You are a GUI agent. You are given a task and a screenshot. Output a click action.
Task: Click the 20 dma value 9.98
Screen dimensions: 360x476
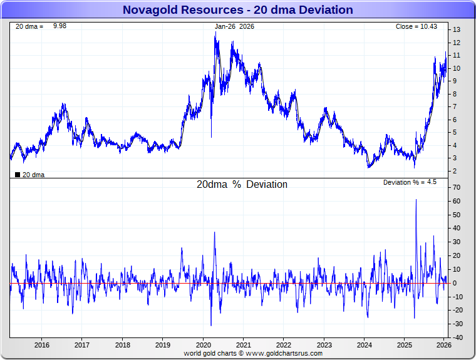click(x=59, y=26)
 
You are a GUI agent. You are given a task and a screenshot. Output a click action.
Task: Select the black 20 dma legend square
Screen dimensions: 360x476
click(x=18, y=175)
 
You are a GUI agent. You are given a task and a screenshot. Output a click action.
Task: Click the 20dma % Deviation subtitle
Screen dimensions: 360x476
click(x=242, y=185)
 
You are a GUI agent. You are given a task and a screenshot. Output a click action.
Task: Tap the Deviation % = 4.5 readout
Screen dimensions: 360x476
click(x=410, y=182)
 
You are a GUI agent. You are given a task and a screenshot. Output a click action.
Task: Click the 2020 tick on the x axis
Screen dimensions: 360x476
click(x=203, y=345)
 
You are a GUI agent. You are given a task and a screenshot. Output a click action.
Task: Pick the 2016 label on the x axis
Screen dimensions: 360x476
click(x=42, y=345)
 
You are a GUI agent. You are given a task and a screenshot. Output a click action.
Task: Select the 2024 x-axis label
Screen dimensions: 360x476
click(x=364, y=345)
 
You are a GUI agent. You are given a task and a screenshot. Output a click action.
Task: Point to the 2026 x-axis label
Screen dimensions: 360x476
click(x=443, y=345)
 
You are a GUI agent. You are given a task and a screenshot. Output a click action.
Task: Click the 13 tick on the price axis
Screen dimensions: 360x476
click(x=457, y=30)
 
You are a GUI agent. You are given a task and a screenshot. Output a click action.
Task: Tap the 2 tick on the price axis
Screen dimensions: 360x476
click(x=456, y=171)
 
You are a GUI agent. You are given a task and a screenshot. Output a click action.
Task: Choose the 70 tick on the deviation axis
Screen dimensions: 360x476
click(x=457, y=188)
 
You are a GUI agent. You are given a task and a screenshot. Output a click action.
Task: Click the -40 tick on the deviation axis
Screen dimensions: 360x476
click(x=457, y=337)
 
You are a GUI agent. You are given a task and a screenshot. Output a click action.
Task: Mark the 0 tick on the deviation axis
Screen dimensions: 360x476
click(x=455, y=283)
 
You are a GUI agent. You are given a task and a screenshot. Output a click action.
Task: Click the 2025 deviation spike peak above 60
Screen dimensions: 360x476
click(x=416, y=200)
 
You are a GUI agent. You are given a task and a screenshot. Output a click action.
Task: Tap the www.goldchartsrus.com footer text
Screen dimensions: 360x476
click(x=285, y=354)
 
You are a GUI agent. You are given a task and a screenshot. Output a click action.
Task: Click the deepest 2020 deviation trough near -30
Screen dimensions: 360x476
click(x=211, y=325)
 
